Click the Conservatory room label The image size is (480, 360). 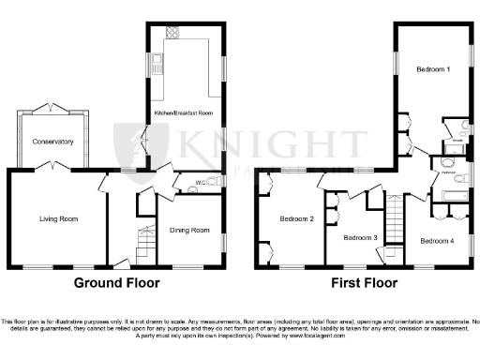[x=52, y=142]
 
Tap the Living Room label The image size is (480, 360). [x=58, y=219]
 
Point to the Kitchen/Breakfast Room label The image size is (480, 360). [x=185, y=113]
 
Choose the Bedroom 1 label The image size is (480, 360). [x=432, y=70]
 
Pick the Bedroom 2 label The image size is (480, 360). [x=296, y=219]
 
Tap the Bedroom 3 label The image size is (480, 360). [x=360, y=238]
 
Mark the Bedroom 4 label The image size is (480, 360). [x=437, y=241]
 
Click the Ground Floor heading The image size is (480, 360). [x=115, y=282]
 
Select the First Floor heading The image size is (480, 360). [x=365, y=282]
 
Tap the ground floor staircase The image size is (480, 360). [x=143, y=246]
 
